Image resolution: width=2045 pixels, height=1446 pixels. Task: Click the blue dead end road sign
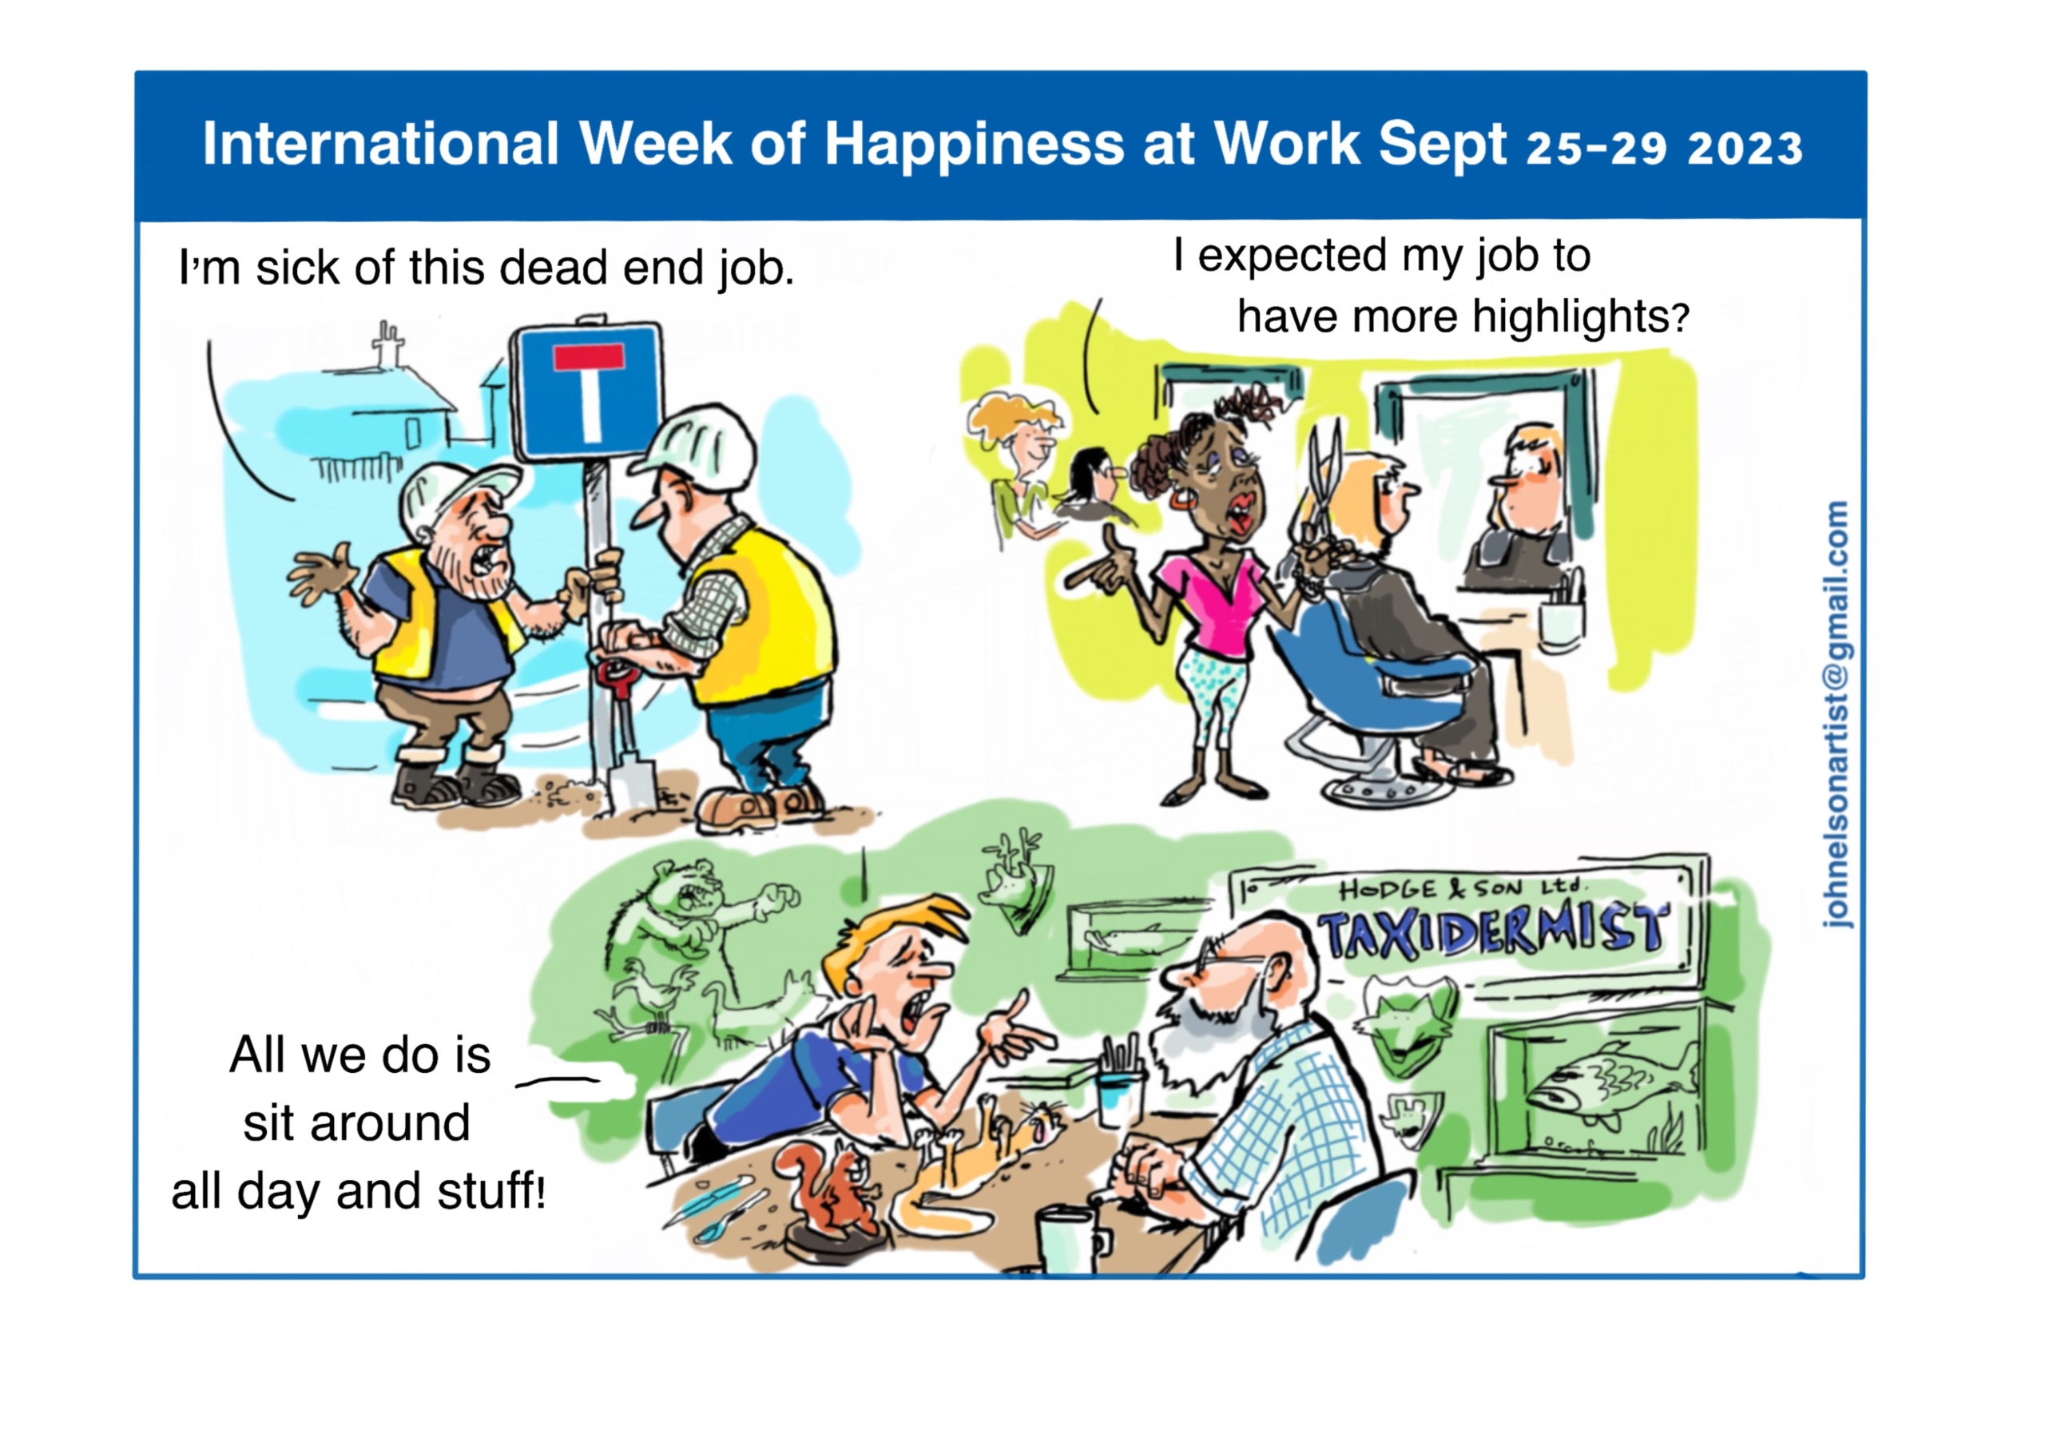(x=587, y=392)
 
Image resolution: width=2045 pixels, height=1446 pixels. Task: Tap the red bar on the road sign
(x=589, y=358)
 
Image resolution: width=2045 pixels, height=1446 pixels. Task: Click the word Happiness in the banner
(x=975, y=145)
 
